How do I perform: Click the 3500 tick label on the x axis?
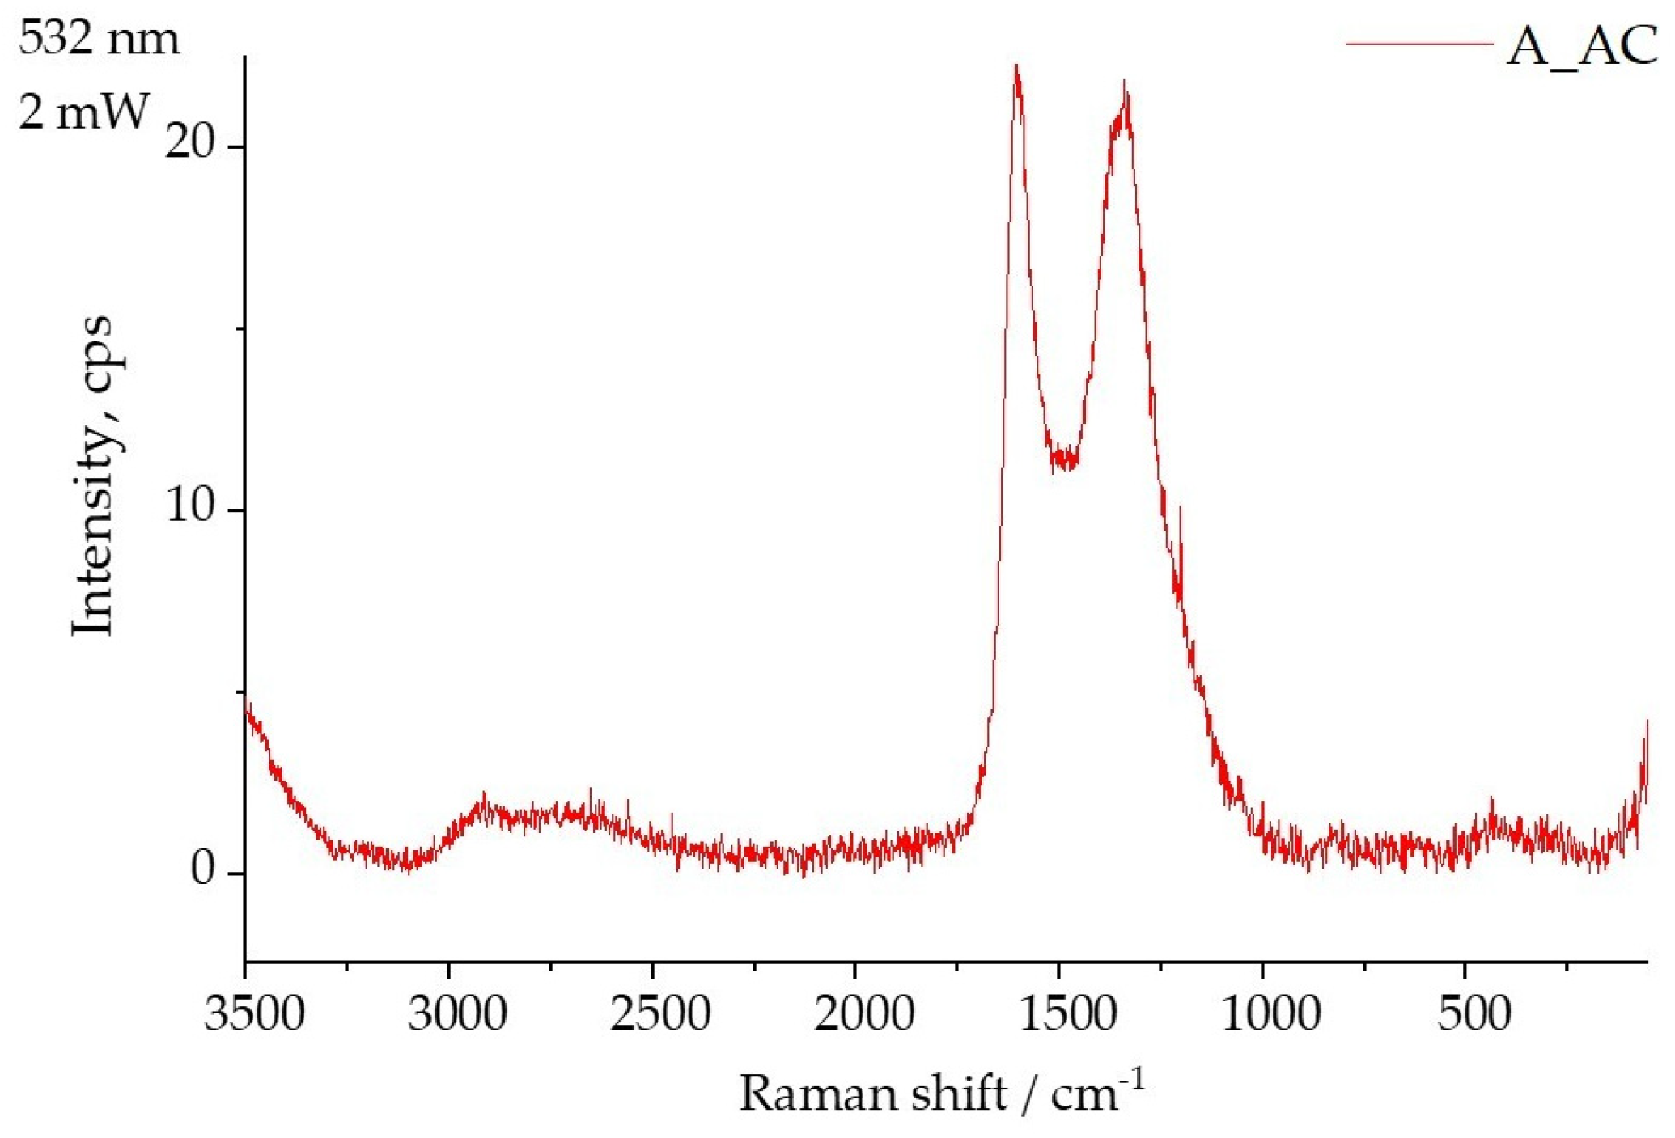click(x=254, y=1013)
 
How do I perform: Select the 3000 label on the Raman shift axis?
click(x=457, y=1013)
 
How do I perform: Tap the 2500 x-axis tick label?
click(x=660, y=1013)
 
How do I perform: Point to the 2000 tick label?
click(x=863, y=1013)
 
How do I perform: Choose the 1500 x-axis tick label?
click(x=1067, y=1013)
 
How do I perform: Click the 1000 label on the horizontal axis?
click(x=1270, y=1013)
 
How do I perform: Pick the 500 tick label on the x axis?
click(x=1474, y=1013)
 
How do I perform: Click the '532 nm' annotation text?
click(x=99, y=37)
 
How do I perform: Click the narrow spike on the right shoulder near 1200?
click(x=1181, y=508)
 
